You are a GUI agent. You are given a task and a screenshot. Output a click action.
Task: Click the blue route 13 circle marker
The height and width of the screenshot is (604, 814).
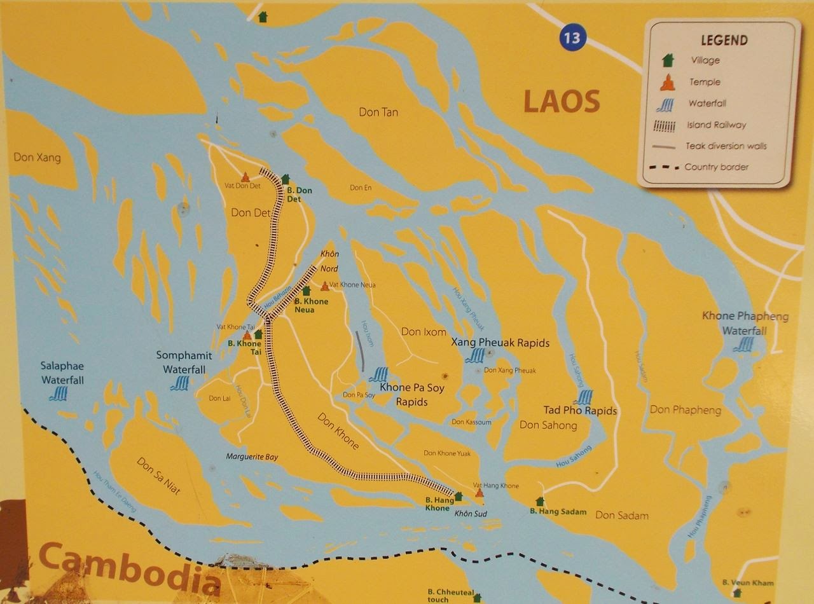coord(571,38)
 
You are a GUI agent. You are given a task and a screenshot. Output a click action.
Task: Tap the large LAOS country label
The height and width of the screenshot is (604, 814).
coord(562,102)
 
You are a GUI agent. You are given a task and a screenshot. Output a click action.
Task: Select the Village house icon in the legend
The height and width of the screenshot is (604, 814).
coord(667,60)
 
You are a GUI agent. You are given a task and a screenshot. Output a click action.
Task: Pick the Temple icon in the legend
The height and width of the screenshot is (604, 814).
coord(667,82)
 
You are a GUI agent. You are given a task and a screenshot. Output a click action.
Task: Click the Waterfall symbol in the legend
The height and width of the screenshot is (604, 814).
coord(665,104)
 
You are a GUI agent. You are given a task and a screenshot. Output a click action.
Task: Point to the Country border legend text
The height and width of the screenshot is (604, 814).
coord(716,167)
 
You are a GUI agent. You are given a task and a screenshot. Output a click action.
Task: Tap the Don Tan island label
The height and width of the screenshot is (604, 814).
coord(378,113)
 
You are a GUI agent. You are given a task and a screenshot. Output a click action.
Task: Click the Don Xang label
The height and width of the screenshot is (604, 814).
coord(37,157)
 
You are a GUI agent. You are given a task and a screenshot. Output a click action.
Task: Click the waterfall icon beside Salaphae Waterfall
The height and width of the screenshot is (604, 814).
coord(59,394)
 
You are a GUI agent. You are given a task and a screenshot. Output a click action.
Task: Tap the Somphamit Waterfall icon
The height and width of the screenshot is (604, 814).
coord(180,383)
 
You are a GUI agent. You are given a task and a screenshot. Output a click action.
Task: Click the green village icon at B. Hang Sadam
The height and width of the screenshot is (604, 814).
coord(540,501)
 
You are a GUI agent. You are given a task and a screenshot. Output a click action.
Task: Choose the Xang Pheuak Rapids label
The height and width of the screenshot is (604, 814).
coord(500,343)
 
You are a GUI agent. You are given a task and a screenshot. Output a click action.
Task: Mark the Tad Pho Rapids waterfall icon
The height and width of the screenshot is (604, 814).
coord(583,397)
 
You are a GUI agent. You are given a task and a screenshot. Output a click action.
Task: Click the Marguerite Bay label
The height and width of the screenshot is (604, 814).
coord(252,457)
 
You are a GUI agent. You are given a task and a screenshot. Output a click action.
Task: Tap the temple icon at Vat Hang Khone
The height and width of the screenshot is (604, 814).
coord(479,493)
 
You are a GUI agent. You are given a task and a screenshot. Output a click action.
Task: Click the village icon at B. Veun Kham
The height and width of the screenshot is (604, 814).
coord(736,593)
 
